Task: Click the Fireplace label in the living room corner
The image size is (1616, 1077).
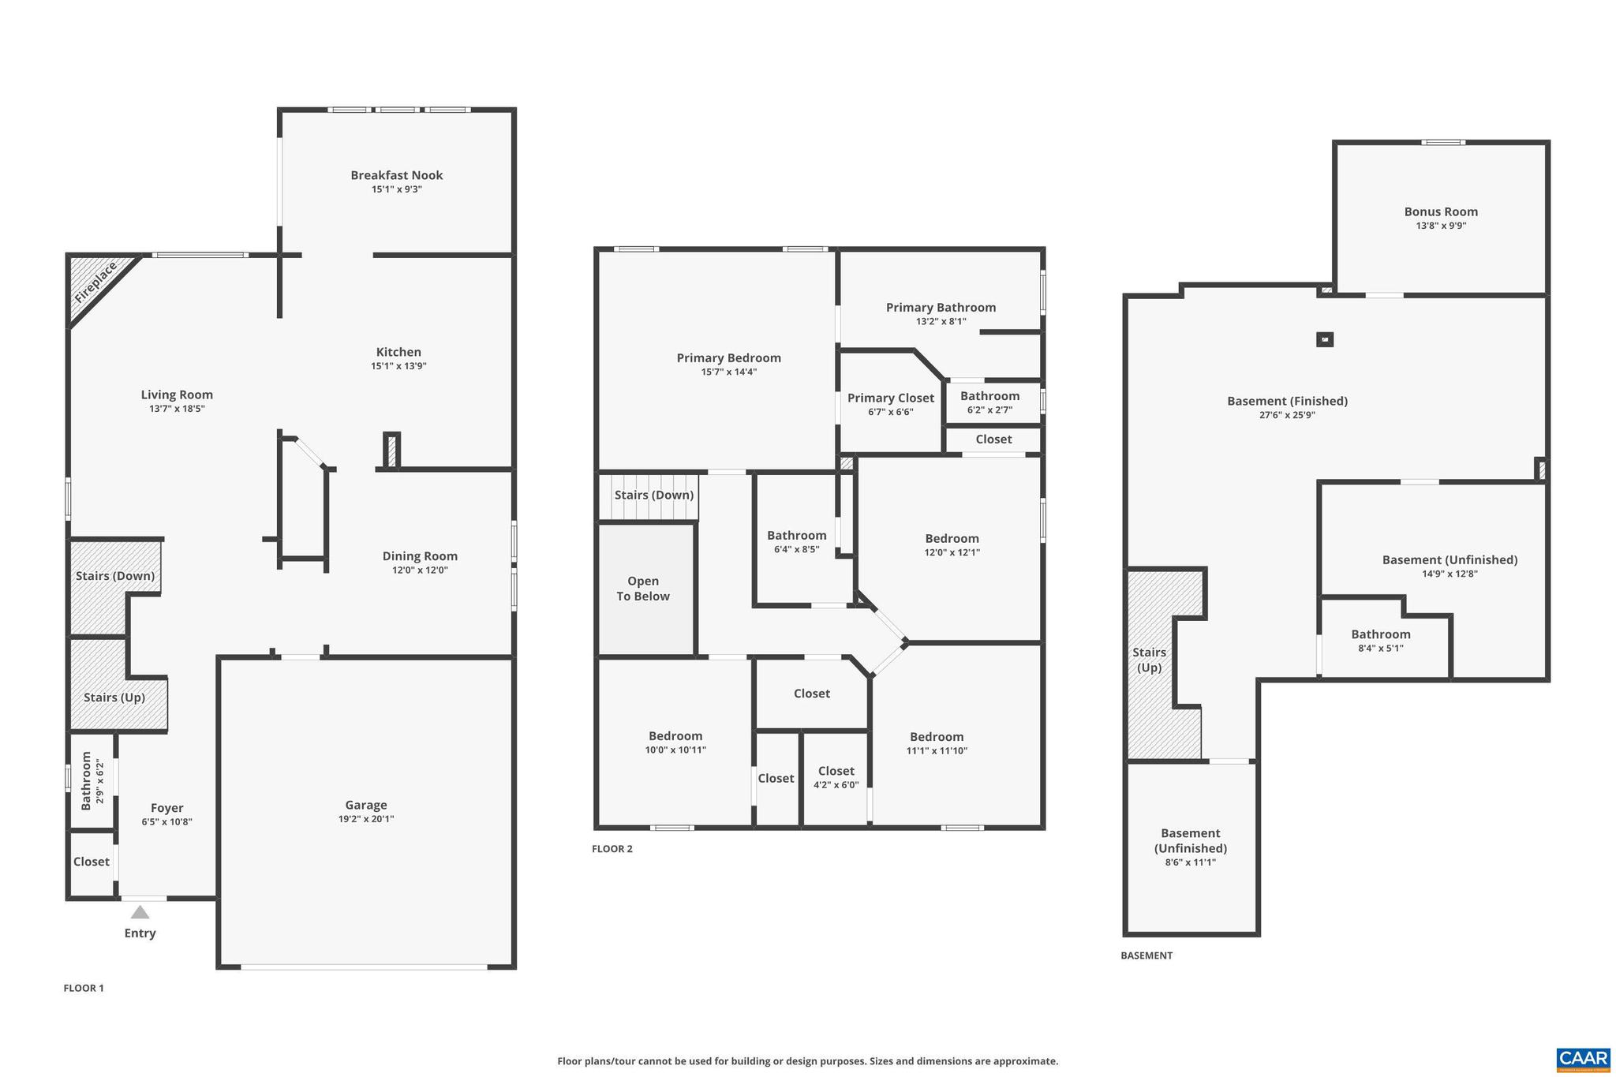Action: [x=96, y=282]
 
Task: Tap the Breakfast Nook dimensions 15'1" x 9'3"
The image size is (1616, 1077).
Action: [x=397, y=189]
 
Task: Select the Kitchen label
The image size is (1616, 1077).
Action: [x=398, y=352]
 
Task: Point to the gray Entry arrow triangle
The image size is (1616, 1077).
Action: [x=140, y=913]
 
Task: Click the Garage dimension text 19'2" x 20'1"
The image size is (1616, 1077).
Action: [x=365, y=819]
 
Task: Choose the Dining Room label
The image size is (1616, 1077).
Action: [x=420, y=556]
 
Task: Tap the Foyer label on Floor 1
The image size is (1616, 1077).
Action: [x=166, y=808]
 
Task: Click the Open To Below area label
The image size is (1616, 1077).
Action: [x=643, y=589]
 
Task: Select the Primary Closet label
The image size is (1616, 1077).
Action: [x=890, y=398]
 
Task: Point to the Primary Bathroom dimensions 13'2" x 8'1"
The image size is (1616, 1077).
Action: [x=941, y=321]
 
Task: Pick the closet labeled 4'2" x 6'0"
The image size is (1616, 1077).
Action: [x=836, y=777]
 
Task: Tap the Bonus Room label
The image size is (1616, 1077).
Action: [x=1441, y=211]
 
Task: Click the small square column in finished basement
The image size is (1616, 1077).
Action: [x=1325, y=340]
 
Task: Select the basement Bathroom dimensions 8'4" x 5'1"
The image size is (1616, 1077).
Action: [x=1380, y=649]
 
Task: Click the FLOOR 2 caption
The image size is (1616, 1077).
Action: [x=612, y=849]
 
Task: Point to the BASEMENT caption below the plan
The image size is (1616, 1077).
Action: [x=1147, y=955]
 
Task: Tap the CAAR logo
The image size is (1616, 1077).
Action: [x=1583, y=1059]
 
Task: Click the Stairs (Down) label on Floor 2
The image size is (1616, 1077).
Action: [x=654, y=495]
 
